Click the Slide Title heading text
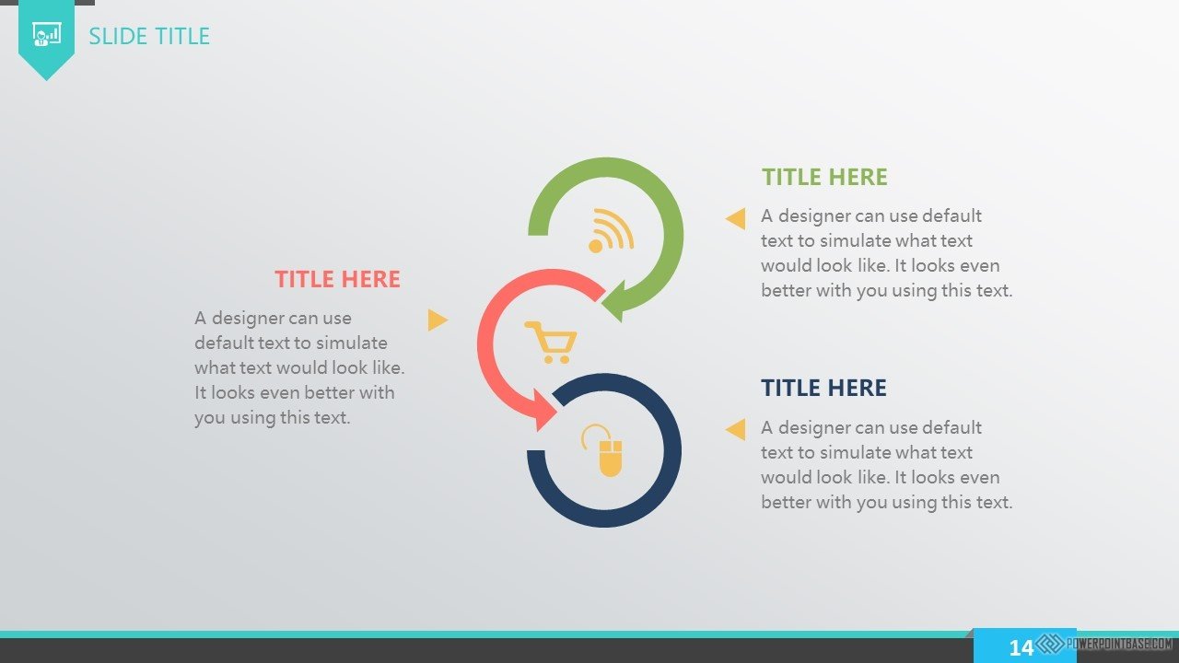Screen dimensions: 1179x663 149,36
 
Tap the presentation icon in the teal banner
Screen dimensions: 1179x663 46,35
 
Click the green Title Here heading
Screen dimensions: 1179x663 824,177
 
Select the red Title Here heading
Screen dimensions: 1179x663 337,279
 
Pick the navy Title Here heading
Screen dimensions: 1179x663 823,388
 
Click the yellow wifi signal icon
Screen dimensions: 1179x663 611,230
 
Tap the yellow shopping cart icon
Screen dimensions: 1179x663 551,342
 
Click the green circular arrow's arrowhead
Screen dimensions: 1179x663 613,301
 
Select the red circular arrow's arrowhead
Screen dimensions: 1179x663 544,411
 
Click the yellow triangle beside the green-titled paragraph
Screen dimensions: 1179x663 735,218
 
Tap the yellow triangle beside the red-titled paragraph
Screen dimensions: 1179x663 438,320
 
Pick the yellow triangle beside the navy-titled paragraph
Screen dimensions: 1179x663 735,429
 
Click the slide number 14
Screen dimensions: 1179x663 1021,647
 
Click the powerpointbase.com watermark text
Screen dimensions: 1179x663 1119,644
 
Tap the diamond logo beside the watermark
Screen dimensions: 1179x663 1050,644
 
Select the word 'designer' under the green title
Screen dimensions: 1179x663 814,216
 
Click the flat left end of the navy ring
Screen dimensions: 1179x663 536,451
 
